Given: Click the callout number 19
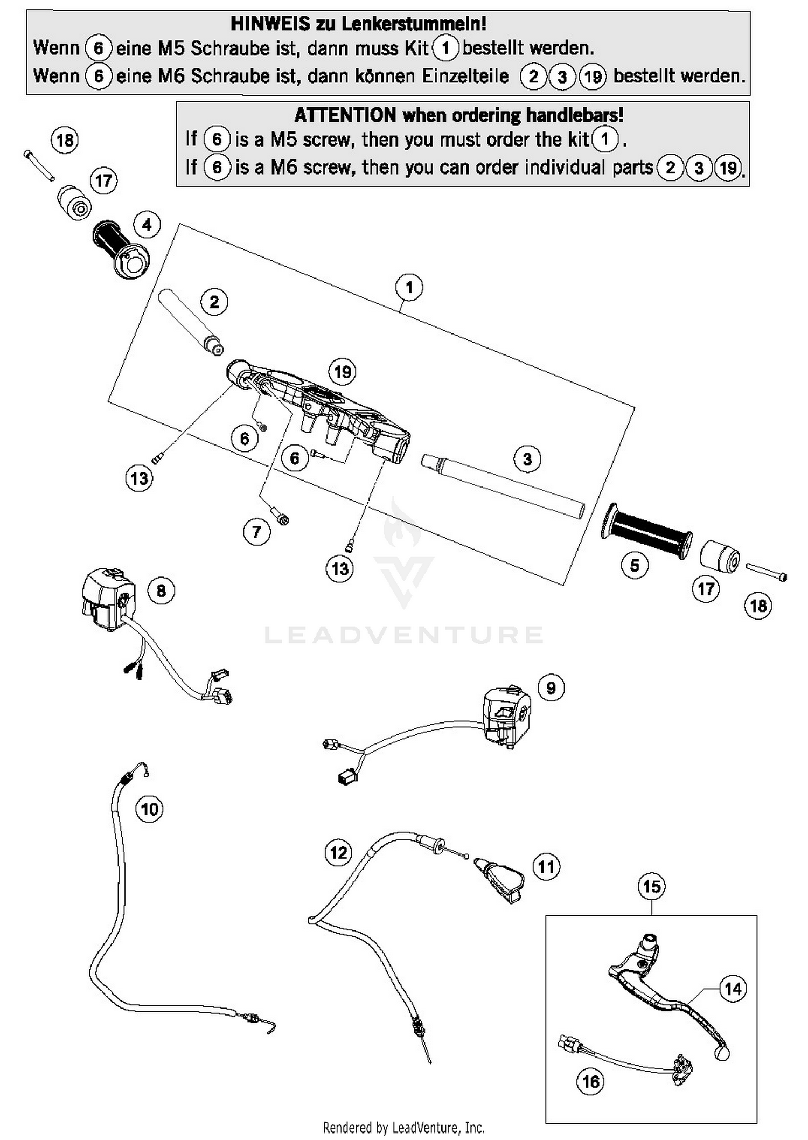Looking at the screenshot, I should [x=343, y=372].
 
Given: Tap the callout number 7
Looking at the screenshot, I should [x=256, y=532].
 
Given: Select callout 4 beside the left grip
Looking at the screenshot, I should [x=147, y=225].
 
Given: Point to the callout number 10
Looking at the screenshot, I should [x=149, y=809].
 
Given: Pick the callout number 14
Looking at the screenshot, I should [x=733, y=989].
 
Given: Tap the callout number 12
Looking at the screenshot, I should [x=338, y=853].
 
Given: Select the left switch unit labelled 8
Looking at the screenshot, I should [x=108, y=598].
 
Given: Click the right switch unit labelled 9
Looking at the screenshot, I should [x=506, y=717].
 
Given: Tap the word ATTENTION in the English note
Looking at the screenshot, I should [x=345, y=115].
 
